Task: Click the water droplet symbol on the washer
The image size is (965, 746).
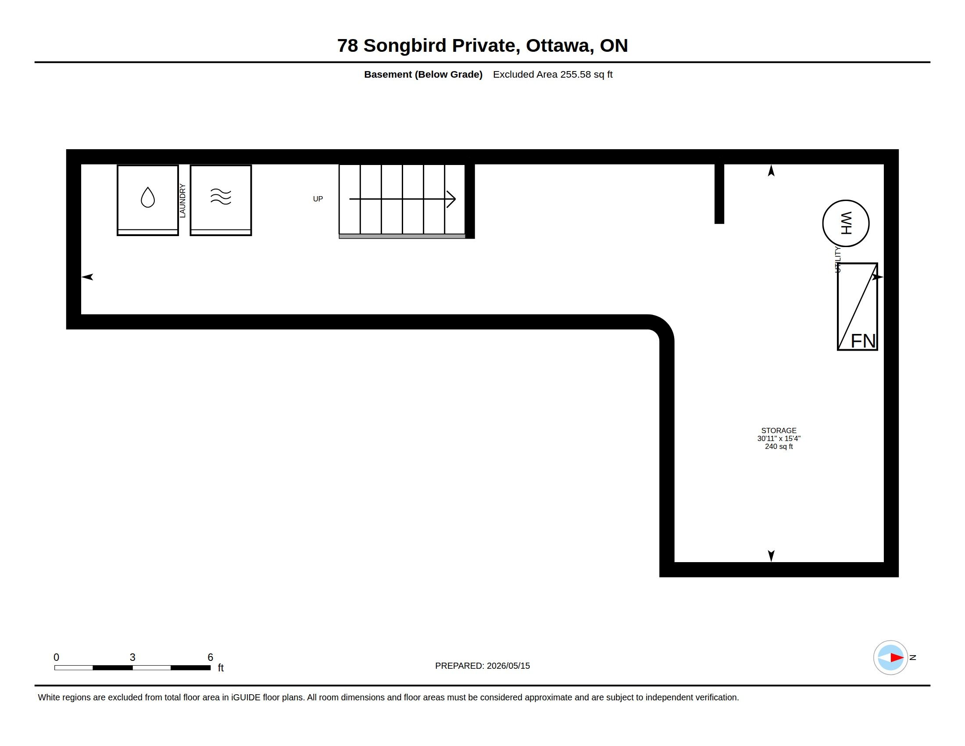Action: coord(147,197)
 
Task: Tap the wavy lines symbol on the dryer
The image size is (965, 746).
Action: coord(221,197)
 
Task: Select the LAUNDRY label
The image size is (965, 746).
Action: coord(182,201)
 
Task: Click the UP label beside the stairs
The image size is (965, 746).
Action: coord(318,199)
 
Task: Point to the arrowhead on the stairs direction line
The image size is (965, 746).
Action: coord(451,199)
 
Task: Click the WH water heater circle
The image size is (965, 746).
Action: coord(846,223)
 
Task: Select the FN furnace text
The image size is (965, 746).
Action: coord(863,341)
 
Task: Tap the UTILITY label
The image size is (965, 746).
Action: coord(837,260)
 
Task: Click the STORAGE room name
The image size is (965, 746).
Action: coord(779,430)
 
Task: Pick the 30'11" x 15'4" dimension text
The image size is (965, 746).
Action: coord(779,438)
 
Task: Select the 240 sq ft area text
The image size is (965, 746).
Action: coord(779,446)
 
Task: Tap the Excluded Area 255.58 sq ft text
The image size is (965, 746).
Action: coord(553,74)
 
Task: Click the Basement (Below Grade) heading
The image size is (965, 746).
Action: coord(423,74)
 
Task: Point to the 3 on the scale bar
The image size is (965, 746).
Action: coord(132,657)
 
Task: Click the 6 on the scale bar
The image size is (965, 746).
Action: coord(210,657)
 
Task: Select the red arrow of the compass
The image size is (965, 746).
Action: coord(897,658)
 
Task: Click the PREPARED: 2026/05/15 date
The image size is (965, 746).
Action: coord(482,666)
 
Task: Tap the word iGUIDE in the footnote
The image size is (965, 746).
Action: coord(246,697)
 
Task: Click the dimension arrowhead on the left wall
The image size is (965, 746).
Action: coord(87,277)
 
